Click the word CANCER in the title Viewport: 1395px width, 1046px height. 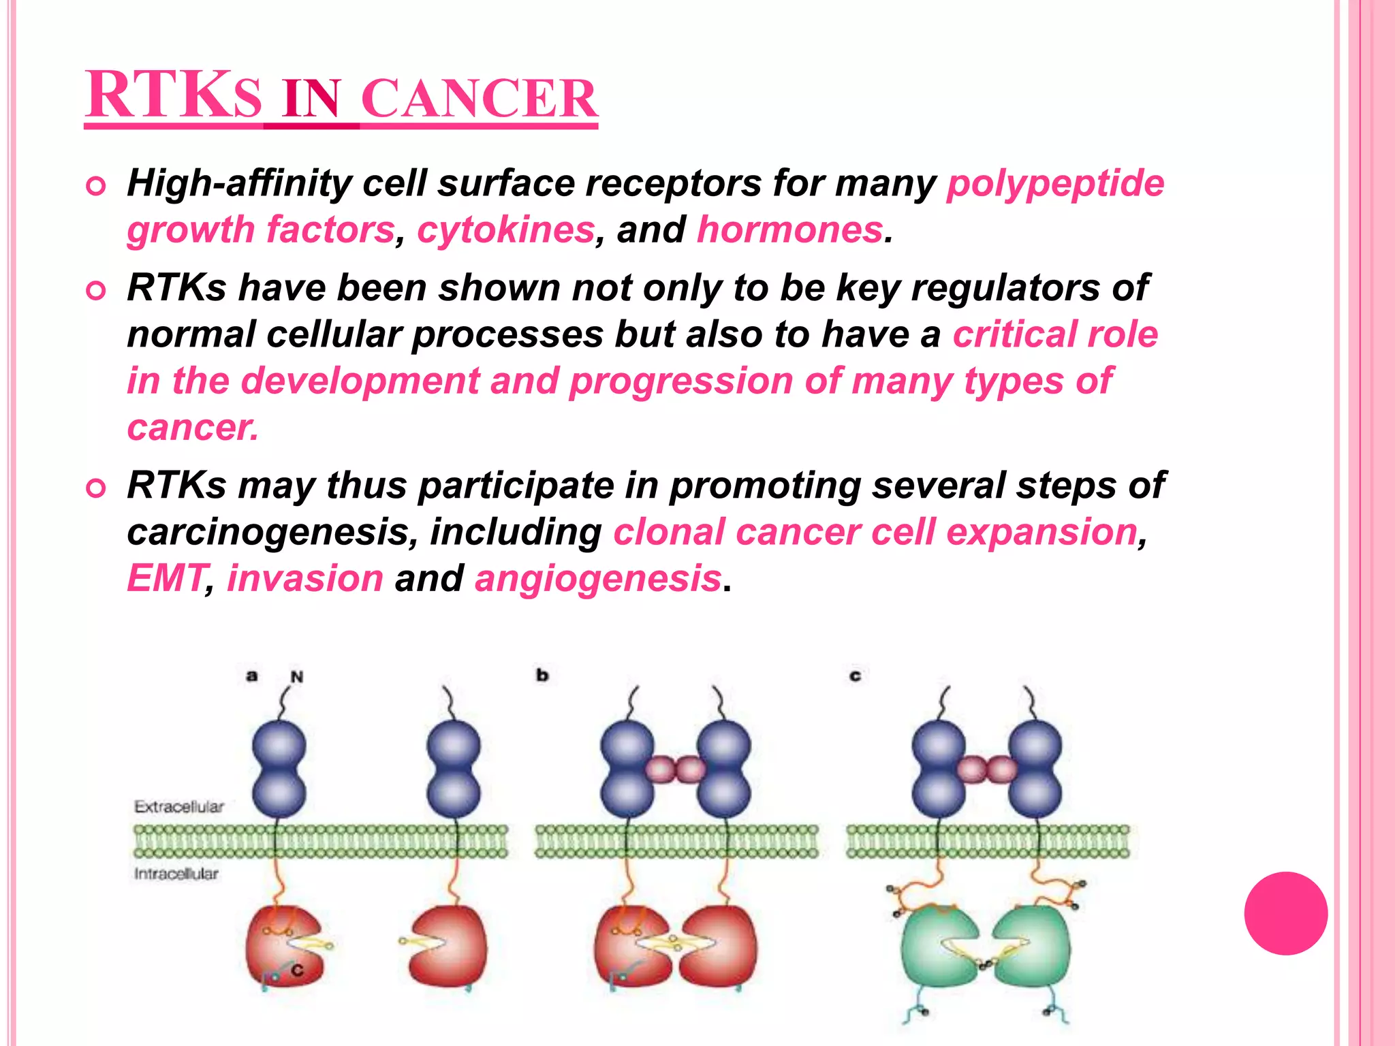pyautogui.click(x=480, y=99)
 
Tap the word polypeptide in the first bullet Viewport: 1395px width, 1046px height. pyautogui.click(x=1055, y=184)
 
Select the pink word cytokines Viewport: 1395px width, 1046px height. pyautogui.click(x=505, y=230)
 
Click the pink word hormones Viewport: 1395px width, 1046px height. pyautogui.click(x=789, y=230)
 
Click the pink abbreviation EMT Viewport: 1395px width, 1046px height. pyautogui.click(x=166, y=579)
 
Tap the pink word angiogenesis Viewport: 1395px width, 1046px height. pyautogui.click(x=597, y=579)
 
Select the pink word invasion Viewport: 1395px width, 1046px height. pyautogui.click(x=305, y=579)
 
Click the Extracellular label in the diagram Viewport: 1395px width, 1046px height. pyautogui.click(x=179, y=807)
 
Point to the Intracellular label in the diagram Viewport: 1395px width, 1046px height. pyautogui.click(x=176, y=874)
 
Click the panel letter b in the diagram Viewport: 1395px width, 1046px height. pyautogui.click(x=542, y=676)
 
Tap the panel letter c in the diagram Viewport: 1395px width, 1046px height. pyautogui.click(x=856, y=676)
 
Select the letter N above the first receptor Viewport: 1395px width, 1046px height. pyautogui.click(x=297, y=677)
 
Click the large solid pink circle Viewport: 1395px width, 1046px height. pyautogui.click(x=1285, y=913)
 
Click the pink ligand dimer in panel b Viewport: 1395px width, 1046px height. pyautogui.click(x=676, y=770)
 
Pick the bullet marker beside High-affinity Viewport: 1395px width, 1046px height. pyautogui.click(x=97, y=186)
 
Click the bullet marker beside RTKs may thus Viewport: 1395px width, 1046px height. pyautogui.click(x=97, y=488)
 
